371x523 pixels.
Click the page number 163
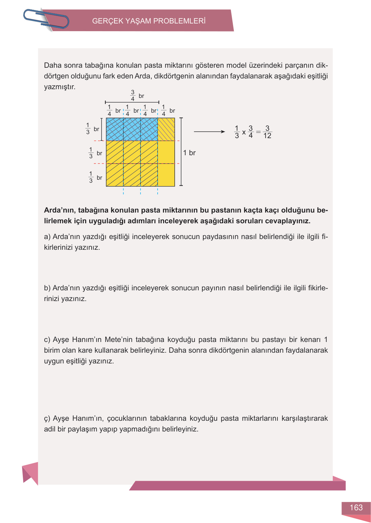[356, 508]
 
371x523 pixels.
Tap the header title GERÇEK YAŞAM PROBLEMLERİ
[149, 21]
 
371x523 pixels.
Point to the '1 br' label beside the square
[189, 153]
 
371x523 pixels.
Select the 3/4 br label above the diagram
[137, 96]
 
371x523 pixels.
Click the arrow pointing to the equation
[209, 132]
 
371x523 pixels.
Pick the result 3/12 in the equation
[267, 132]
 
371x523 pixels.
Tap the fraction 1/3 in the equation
[237, 132]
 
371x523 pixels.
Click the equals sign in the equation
[258, 132]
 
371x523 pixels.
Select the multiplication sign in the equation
[244, 132]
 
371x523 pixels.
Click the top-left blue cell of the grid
[115, 129]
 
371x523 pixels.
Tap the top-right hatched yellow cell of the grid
[166, 129]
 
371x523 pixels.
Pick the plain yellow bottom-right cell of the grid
[166, 175]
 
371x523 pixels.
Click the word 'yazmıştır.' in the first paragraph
[60, 87]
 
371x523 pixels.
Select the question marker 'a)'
[47, 237]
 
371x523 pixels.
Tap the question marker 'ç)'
[47, 418]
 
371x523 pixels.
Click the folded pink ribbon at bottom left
[30, 472]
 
